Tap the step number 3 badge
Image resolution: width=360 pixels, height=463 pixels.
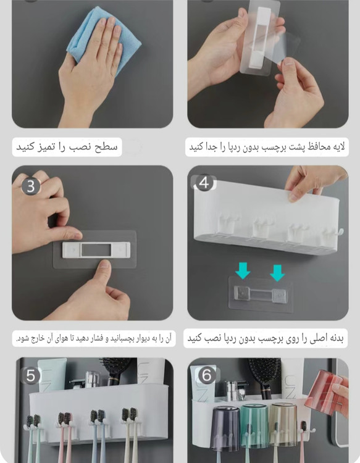point(31,186)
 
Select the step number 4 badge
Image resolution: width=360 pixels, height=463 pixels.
point(204,183)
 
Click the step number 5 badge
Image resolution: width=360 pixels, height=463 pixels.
point(31,375)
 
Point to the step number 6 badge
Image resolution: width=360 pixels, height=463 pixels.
point(206,375)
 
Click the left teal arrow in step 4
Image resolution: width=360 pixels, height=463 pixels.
point(243,271)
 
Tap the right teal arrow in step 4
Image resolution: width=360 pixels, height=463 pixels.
point(277,272)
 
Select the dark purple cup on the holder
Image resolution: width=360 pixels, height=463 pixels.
point(226,424)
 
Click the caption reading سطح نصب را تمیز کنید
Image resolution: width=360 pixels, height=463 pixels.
point(67,147)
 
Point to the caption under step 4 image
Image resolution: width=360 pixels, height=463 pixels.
point(266,338)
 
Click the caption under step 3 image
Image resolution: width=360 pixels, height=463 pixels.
point(94,338)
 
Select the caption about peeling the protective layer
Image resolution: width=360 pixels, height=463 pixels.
point(267,147)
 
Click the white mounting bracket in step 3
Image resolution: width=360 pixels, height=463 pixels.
point(96,250)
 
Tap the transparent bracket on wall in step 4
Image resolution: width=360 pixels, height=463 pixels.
point(261,294)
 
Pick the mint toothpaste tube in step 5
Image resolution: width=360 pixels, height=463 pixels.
point(52,375)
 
